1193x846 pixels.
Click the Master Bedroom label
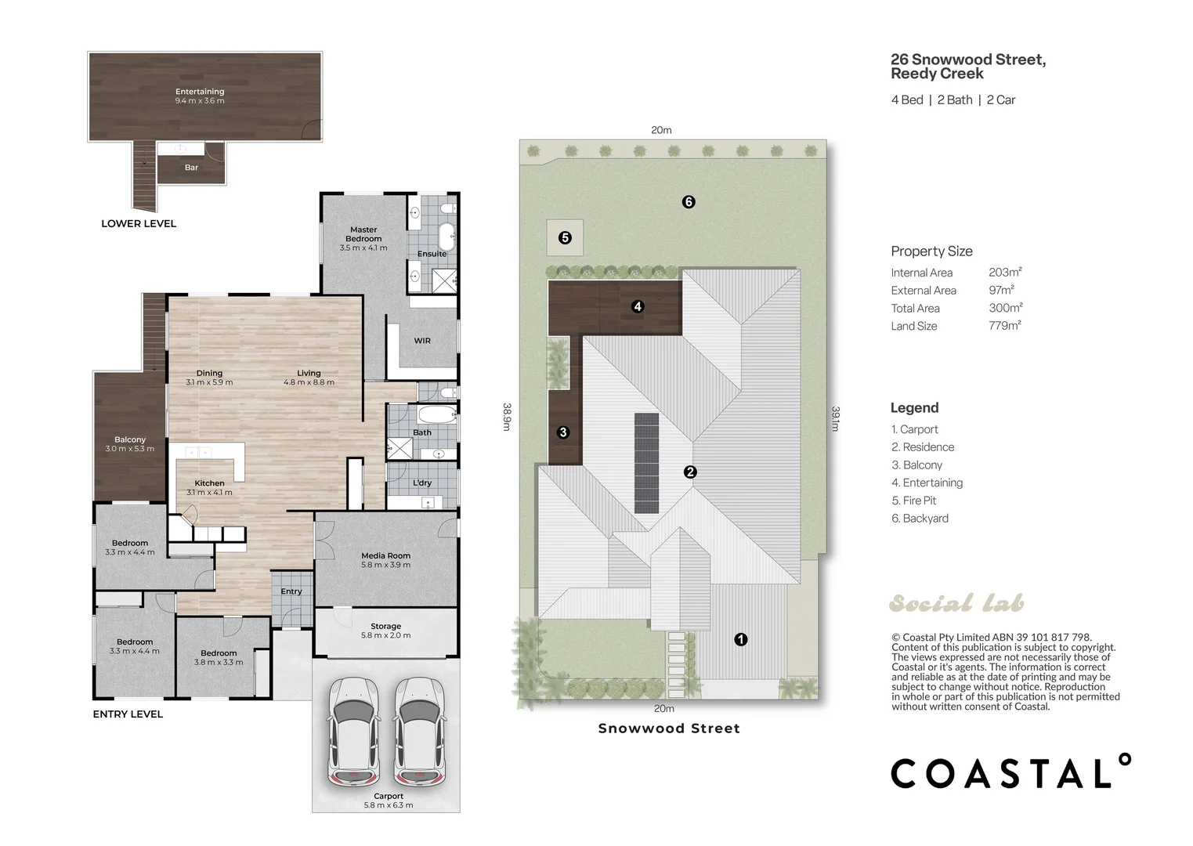tap(363, 234)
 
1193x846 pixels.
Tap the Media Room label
tap(386, 555)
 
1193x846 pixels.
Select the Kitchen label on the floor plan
tap(209, 483)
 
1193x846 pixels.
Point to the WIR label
tap(422, 341)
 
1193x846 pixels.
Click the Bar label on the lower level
tap(191, 168)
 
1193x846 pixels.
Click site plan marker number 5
tap(565, 237)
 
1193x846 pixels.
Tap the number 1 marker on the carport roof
tap(741, 639)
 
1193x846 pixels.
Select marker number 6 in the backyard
tap(689, 202)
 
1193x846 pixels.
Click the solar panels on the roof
tap(646, 463)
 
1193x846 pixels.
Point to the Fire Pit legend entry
tap(914, 501)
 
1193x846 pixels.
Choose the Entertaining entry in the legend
tap(927, 483)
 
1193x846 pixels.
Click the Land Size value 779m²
tap(1005, 325)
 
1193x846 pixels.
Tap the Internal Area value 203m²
tap(1005, 272)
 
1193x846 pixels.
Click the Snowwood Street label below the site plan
tap(669, 728)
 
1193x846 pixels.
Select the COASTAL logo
tap(1010, 771)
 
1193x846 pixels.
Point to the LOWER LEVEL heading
tap(139, 224)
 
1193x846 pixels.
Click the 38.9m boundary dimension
tap(507, 417)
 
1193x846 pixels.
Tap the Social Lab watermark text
tap(956, 603)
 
